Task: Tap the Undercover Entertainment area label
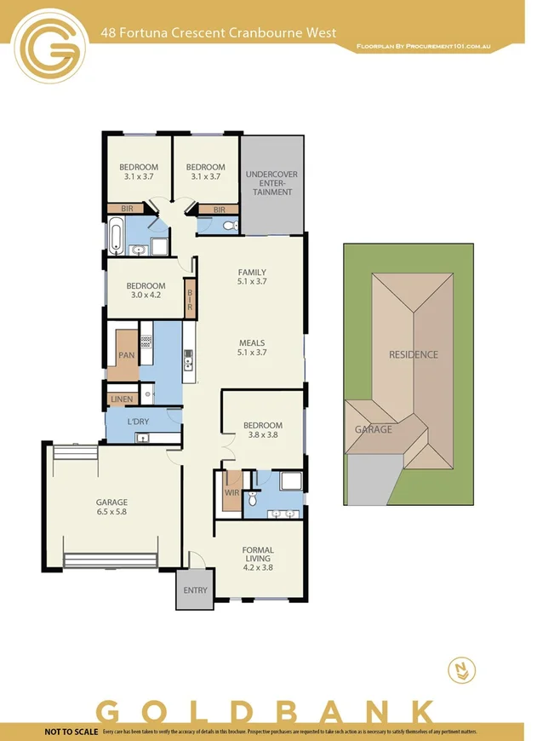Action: click(x=271, y=183)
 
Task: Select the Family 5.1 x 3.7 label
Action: click(x=252, y=278)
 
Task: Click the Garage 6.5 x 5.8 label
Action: click(x=111, y=508)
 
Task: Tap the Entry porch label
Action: click(x=195, y=590)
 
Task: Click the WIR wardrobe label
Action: click(x=231, y=493)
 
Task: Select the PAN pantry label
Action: click(x=126, y=354)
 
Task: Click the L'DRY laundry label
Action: click(x=139, y=422)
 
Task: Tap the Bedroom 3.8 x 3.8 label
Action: click(x=262, y=429)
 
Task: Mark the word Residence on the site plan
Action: click(x=413, y=354)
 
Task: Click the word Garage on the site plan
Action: click(x=373, y=429)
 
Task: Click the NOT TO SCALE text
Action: click(x=71, y=732)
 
